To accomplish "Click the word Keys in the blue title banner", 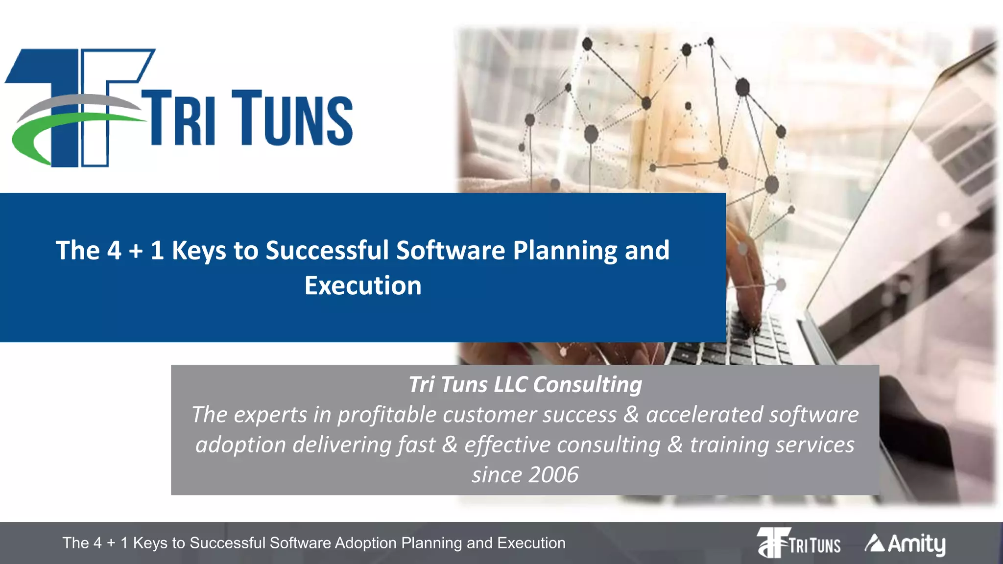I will (199, 251).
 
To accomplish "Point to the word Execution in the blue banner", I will (363, 285).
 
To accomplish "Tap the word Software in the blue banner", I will (451, 251).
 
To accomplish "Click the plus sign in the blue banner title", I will (136, 251).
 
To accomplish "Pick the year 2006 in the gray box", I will (553, 474).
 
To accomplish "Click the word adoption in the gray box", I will (240, 445).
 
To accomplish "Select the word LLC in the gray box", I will (510, 384).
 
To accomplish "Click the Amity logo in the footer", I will (905, 543).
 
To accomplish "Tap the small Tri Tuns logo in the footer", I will (799, 543).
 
